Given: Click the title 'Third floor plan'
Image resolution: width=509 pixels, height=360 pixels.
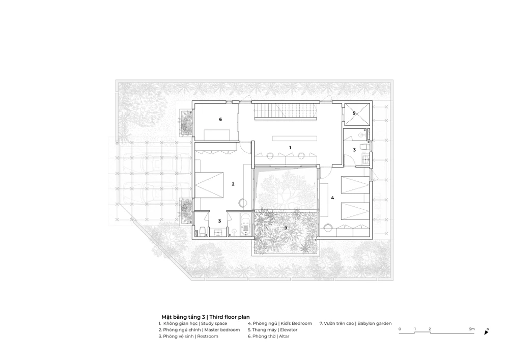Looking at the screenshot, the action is pyautogui.click(x=230, y=317).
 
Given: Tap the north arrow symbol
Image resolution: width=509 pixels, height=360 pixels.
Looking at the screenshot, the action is pyautogui.click(x=486, y=332).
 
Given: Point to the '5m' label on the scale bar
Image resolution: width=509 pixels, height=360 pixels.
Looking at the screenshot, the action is pyautogui.click(x=472, y=329).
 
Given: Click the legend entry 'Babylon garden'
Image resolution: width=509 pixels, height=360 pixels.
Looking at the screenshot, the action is pyautogui.click(x=375, y=323).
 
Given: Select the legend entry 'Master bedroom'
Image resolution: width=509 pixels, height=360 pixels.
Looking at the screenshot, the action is pyautogui.click(x=222, y=330).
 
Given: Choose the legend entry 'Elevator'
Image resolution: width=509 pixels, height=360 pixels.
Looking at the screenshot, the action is pyautogui.click(x=289, y=330).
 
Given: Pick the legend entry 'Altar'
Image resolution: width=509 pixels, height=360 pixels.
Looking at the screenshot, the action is pyautogui.click(x=284, y=336).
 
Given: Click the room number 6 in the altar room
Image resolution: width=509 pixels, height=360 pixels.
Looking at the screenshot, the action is pyautogui.click(x=220, y=120).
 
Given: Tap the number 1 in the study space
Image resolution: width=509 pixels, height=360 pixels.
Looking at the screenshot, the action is pyautogui.click(x=290, y=148).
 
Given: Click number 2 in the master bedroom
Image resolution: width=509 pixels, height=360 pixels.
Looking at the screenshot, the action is pyautogui.click(x=233, y=184).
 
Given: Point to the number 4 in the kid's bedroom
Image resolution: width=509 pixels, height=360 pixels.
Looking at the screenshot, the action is pyautogui.click(x=332, y=198).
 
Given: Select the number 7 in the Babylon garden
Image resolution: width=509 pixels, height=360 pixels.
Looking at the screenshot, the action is pyautogui.click(x=286, y=228).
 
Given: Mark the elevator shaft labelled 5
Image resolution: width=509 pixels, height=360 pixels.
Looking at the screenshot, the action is pyautogui.click(x=357, y=114).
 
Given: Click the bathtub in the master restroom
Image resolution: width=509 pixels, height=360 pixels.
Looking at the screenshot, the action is pyautogui.click(x=246, y=225).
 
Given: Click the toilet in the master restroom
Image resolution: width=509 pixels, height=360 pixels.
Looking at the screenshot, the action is pyautogui.click(x=202, y=231).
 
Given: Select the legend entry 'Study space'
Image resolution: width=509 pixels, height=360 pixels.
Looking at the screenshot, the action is pyautogui.click(x=214, y=323).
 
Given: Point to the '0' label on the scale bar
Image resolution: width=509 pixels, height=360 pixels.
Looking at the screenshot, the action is pyautogui.click(x=400, y=329).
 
